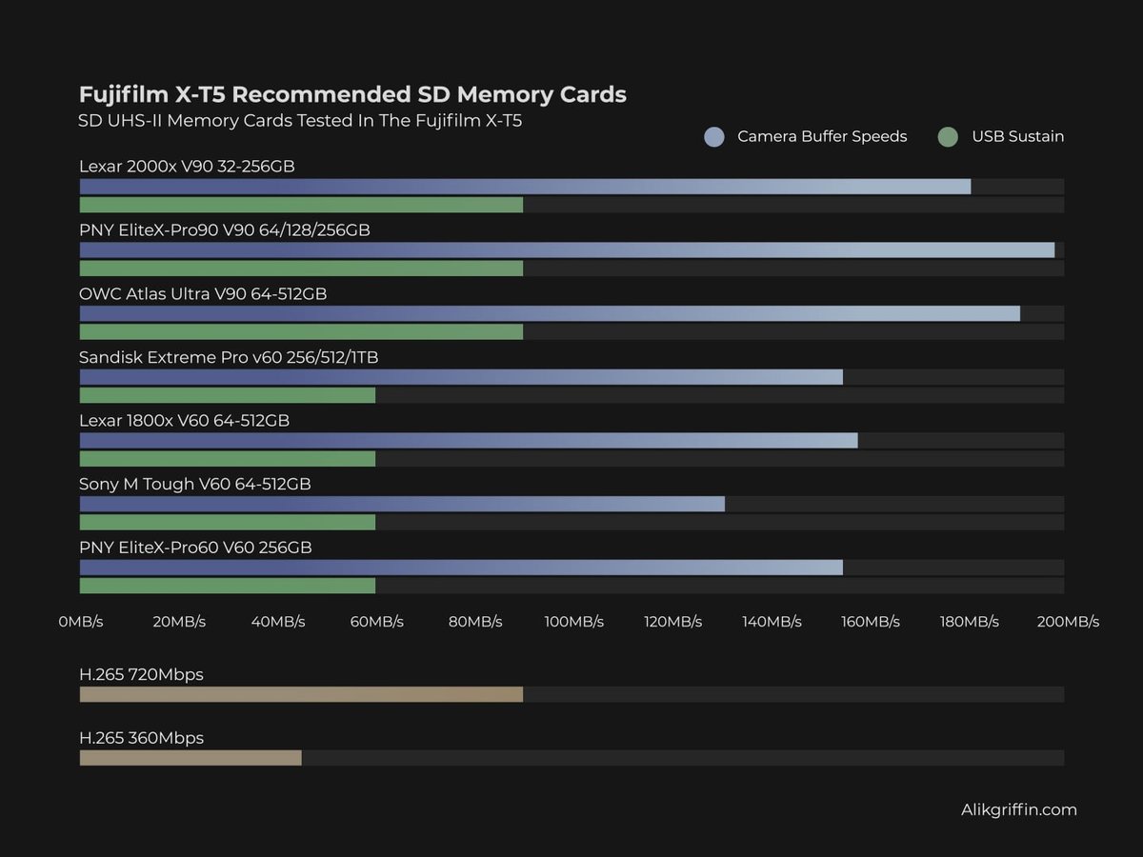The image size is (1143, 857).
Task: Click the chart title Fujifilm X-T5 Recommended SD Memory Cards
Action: [352, 94]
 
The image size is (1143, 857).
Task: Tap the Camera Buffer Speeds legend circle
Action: [714, 136]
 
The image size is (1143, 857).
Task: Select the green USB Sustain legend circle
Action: [947, 136]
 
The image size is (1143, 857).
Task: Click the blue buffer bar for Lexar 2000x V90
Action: [525, 187]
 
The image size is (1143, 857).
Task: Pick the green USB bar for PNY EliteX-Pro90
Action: [301, 269]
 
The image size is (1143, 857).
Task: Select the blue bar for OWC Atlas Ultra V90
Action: [550, 313]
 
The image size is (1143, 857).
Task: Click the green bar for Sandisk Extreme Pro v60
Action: [227, 395]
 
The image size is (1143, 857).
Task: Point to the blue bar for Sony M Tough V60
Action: [402, 504]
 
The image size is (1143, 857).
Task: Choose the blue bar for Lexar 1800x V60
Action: [469, 440]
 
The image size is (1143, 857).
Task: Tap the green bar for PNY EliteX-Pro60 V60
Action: [227, 586]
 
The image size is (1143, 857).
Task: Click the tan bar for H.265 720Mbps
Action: [301, 694]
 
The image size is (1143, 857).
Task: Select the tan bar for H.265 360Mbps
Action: [190, 758]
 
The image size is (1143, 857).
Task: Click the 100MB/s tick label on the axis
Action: [574, 622]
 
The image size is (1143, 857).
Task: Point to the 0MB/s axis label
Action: [80, 622]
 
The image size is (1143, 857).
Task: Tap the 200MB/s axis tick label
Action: [1068, 622]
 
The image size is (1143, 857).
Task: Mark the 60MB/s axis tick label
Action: [376, 622]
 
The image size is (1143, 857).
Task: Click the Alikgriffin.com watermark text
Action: [1019, 809]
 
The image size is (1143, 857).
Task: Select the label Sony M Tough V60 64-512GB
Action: [194, 484]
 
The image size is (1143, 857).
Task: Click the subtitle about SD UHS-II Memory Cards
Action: [300, 121]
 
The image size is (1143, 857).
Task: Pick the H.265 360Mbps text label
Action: [141, 738]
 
